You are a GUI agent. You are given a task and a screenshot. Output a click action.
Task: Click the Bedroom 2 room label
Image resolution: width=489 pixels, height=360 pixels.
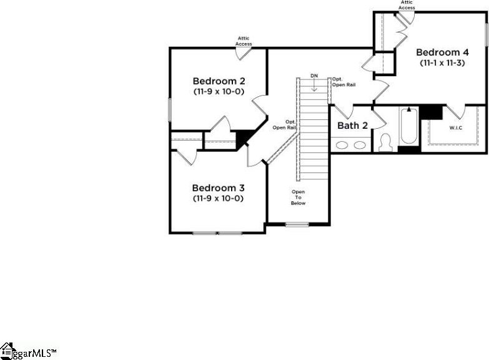[x=219, y=81]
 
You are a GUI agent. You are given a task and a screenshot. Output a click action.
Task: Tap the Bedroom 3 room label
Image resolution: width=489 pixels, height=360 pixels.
[x=219, y=188]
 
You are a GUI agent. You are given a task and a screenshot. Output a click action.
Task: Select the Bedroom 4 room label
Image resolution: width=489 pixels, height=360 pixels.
[x=442, y=52]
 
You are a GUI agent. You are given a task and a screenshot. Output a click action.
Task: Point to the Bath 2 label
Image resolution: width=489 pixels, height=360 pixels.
[x=352, y=126]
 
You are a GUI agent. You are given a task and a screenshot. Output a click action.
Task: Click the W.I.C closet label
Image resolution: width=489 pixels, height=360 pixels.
[x=456, y=127]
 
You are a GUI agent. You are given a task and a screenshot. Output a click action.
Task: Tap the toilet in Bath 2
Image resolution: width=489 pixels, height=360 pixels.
[x=386, y=142]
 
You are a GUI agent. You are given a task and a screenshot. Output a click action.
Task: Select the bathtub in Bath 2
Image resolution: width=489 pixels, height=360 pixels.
[x=409, y=126]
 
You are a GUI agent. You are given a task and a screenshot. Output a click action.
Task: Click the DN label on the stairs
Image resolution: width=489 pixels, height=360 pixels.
[x=314, y=76]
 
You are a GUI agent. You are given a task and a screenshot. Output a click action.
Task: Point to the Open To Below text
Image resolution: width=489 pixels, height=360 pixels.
[x=298, y=197]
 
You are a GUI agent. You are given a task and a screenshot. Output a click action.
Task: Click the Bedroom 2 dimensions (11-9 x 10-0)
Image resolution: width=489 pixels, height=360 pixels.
[x=219, y=92]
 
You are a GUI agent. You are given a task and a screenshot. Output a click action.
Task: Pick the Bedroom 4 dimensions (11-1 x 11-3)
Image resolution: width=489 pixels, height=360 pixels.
[x=442, y=62]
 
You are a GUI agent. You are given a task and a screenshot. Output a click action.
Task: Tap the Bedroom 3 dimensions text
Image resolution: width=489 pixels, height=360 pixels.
[x=219, y=199]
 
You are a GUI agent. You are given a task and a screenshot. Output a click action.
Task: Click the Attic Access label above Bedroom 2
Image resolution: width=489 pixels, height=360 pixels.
[x=244, y=41]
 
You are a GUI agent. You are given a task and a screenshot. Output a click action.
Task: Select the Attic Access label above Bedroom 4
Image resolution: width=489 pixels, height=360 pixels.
[x=407, y=4]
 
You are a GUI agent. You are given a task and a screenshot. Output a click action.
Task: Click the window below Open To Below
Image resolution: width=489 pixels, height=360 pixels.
[x=297, y=224]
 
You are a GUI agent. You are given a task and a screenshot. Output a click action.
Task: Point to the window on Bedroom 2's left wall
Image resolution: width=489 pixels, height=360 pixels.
[x=170, y=110]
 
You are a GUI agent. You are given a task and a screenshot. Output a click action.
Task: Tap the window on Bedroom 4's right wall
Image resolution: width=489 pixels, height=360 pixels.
[x=487, y=35]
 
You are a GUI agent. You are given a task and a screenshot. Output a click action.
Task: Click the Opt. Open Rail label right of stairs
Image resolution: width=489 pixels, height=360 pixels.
[x=343, y=82]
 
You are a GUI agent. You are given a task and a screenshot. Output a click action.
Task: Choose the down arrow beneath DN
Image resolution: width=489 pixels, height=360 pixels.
[x=314, y=85]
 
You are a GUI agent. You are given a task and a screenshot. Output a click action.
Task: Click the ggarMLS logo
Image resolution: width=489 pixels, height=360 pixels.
[x=29, y=351]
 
